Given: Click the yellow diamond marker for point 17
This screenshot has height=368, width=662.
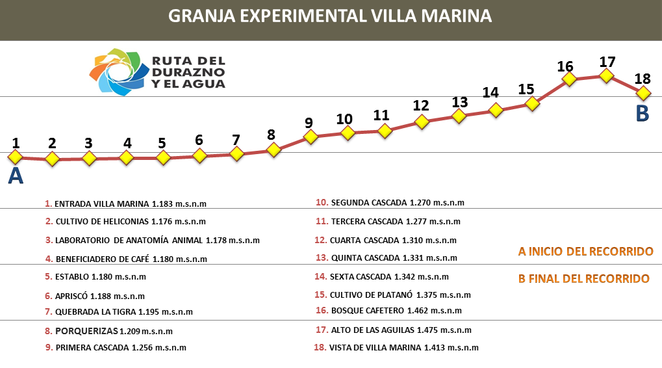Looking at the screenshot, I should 606,75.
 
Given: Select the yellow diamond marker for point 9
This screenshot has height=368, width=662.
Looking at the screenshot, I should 311,137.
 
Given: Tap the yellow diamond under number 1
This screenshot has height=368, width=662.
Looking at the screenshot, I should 16,157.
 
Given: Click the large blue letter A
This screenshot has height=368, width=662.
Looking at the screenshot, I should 16,176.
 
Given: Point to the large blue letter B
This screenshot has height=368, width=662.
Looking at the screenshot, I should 642,114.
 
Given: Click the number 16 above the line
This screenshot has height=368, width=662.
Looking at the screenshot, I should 565,66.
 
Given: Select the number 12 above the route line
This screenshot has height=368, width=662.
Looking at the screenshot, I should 421,105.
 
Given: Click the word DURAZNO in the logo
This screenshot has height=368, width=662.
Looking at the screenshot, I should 188,72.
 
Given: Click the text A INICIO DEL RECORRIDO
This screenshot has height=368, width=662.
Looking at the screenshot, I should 585,251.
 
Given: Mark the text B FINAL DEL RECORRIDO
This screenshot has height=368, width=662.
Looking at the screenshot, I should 583,279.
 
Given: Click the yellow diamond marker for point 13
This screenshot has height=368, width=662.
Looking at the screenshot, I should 459,116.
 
